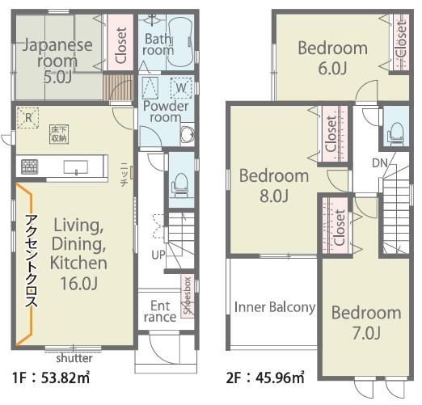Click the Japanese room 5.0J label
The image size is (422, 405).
(57, 61)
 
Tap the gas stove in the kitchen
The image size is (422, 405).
(30, 167)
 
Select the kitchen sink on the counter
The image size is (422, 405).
(76, 167)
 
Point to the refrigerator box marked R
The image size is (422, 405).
(28, 118)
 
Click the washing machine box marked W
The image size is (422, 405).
(181, 88)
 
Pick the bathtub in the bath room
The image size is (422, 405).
(181, 42)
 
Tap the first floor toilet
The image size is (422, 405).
(179, 185)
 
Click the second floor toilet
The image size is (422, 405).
(395, 133)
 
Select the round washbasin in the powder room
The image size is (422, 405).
(188, 134)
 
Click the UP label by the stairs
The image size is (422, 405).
(158, 255)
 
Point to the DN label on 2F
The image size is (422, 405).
(380, 163)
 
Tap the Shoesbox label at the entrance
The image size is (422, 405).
(188, 296)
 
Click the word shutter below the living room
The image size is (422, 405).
(74, 358)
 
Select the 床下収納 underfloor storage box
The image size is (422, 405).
(59, 134)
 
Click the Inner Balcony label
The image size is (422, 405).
(275, 307)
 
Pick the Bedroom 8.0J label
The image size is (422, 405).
(274, 185)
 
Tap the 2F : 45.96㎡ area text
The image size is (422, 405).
(265, 378)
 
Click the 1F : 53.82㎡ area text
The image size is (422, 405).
(51, 378)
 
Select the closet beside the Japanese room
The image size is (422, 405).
(120, 42)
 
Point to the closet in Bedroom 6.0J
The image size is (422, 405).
(401, 42)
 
